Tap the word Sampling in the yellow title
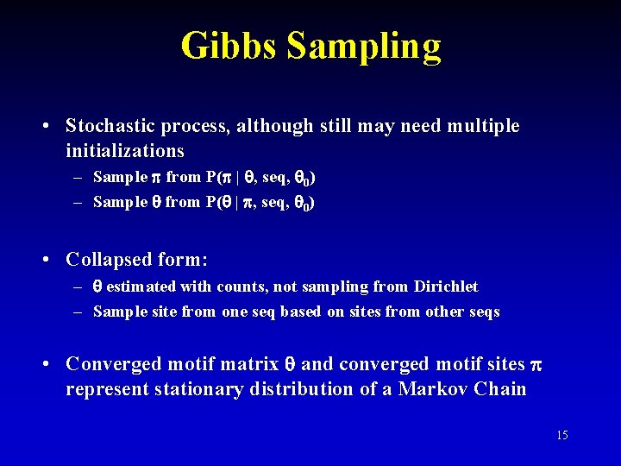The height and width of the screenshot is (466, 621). point(363,47)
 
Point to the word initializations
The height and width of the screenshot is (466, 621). point(125,151)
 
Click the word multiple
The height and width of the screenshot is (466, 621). point(484,126)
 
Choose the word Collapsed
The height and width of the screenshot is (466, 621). point(110,259)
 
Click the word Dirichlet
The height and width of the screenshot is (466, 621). point(444,287)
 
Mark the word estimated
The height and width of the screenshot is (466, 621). point(141,287)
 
